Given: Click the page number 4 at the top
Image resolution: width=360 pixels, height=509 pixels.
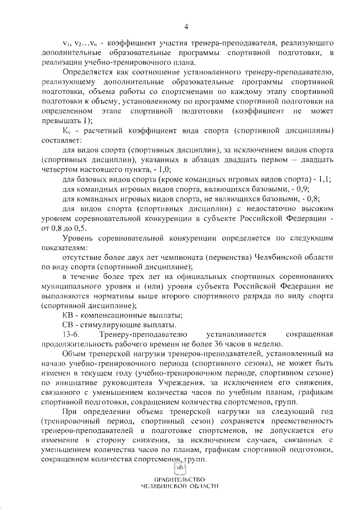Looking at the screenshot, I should click(x=186, y=25).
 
